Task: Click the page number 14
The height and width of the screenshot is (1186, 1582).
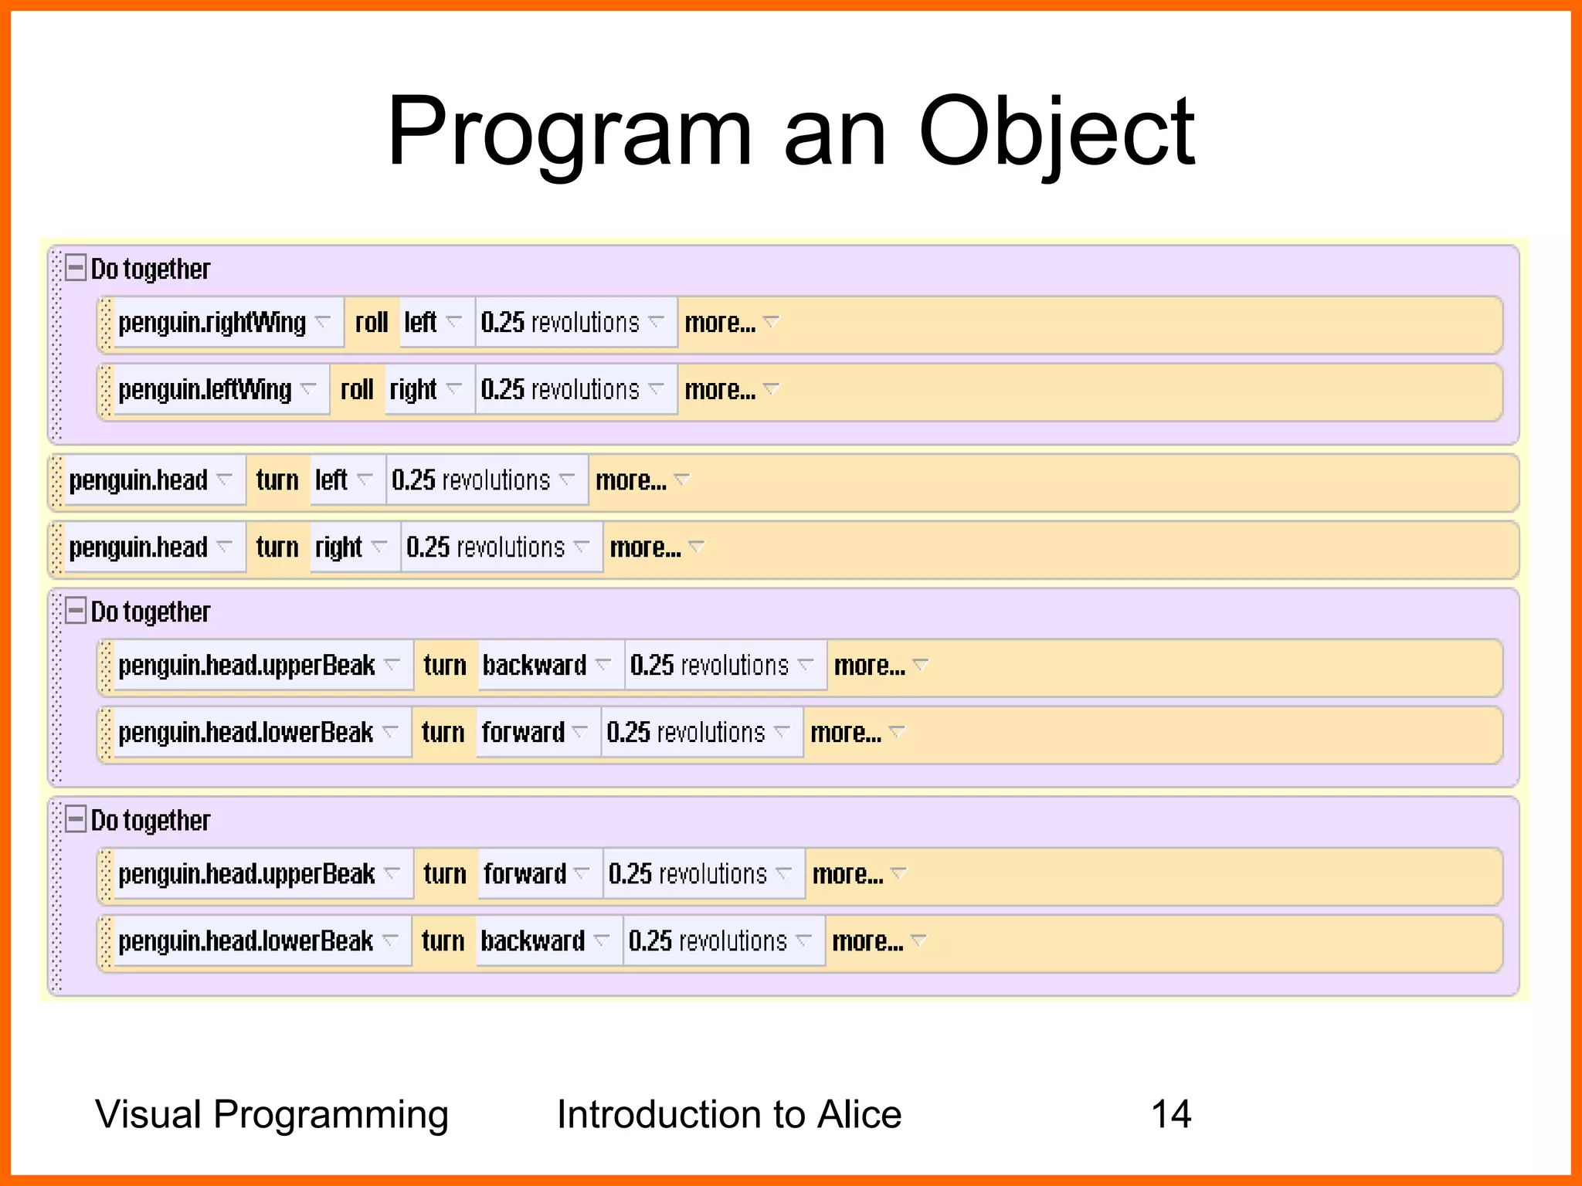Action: coord(1170,1114)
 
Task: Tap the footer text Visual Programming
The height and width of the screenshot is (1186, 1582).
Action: coord(271,1114)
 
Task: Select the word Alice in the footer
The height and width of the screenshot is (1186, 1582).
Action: coord(859,1114)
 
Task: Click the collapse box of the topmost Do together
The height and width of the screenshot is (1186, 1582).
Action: coord(76,268)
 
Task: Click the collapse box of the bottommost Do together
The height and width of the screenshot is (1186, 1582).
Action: coord(76,819)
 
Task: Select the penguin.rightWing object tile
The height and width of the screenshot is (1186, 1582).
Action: coord(212,322)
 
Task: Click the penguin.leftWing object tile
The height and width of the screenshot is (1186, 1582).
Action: coord(205,389)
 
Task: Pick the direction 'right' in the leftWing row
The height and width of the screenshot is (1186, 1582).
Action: coord(413,389)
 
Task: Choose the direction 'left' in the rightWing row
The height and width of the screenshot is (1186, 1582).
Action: coord(421,322)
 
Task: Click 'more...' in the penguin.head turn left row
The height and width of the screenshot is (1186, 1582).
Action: coord(631,480)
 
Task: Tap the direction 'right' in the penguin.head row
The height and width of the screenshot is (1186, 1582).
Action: coord(339,547)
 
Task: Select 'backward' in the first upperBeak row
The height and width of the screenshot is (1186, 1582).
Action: coord(535,665)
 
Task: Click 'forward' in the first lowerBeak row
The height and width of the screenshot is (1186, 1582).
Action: coord(523,732)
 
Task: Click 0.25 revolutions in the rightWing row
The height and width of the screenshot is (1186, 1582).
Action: coord(560,322)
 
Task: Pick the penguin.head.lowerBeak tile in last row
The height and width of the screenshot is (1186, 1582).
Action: coord(246,940)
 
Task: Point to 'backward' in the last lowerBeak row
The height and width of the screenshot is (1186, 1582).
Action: coord(533,940)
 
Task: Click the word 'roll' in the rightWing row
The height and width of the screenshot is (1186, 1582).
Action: coord(372,322)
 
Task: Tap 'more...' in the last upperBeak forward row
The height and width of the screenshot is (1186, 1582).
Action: coord(848,874)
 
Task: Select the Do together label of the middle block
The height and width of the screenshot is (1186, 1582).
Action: coord(151,612)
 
